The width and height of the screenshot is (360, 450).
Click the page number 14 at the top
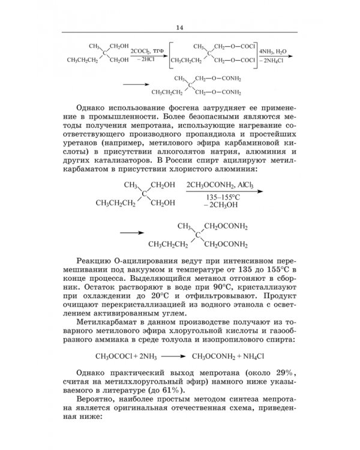pyautogui.click(x=180, y=28)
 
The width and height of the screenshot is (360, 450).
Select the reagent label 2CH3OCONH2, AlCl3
pyautogui.click(x=220, y=184)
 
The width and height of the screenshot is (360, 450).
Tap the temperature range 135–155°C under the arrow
pyautogui.click(x=221, y=196)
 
